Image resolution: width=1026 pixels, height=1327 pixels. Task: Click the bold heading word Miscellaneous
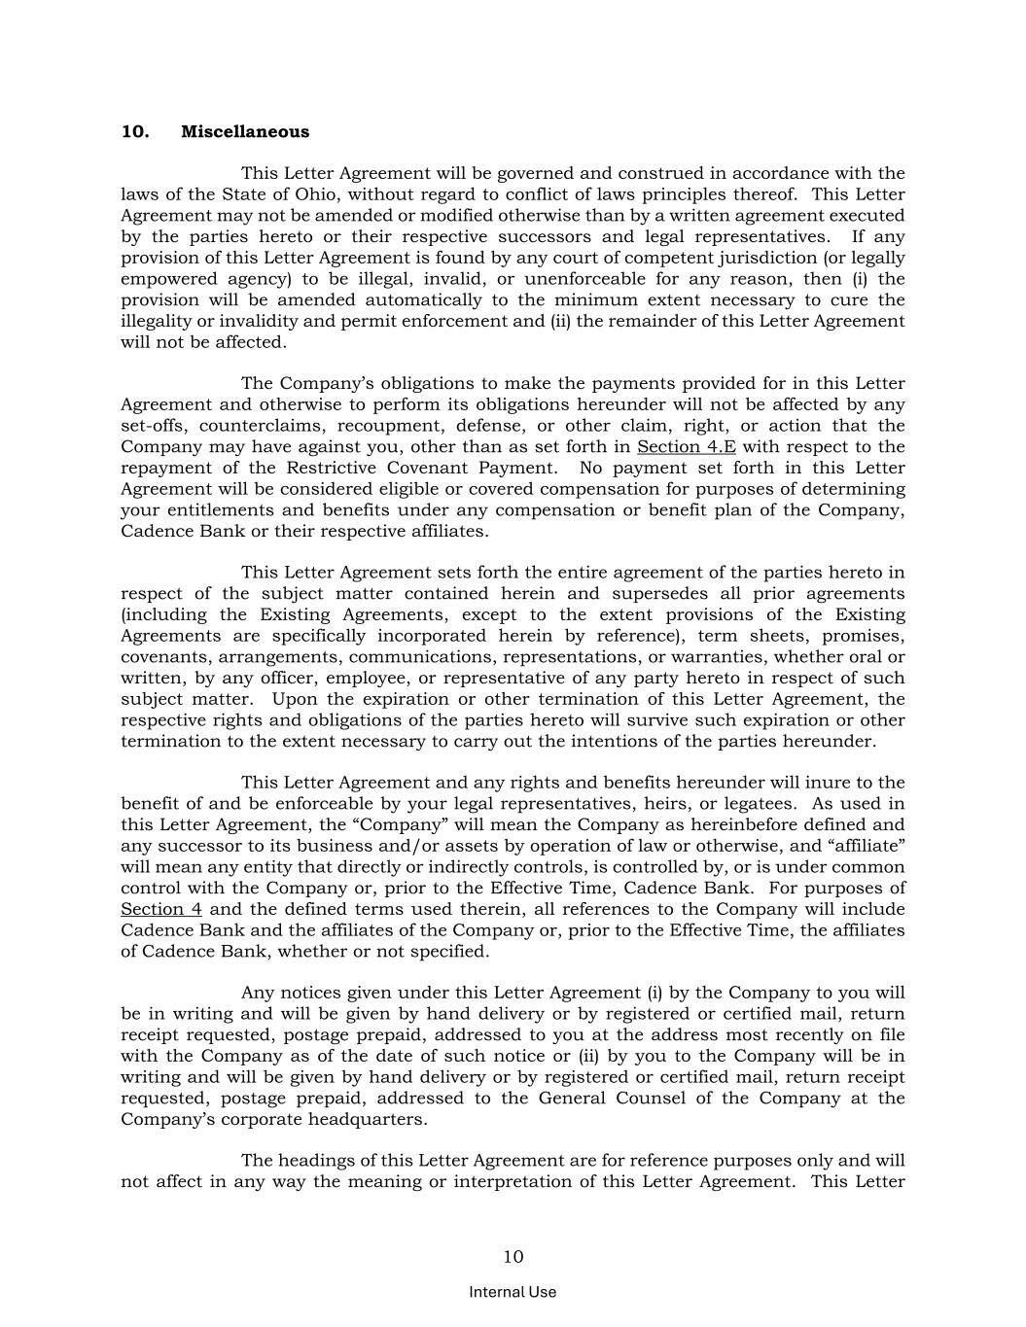[x=245, y=132]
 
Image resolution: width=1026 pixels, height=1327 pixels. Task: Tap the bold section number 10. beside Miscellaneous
[x=134, y=132]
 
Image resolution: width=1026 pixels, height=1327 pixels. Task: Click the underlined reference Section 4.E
[x=686, y=447]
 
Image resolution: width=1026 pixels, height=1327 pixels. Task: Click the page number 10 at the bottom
[x=513, y=1257]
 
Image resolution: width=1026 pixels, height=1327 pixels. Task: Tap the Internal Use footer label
[x=513, y=1292]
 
